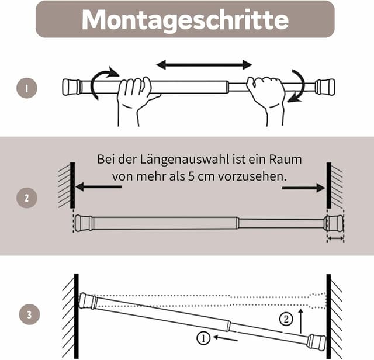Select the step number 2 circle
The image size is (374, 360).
click(x=27, y=198)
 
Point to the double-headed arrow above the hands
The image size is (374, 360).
click(x=204, y=64)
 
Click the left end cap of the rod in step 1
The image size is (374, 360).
click(x=72, y=87)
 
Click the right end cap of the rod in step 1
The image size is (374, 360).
click(x=325, y=87)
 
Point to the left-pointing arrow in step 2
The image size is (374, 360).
click(x=98, y=187)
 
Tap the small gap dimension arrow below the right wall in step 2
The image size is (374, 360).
click(x=335, y=238)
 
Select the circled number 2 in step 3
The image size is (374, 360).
click(x=285, y=319)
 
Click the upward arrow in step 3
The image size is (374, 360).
click(x=302, y=321)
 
